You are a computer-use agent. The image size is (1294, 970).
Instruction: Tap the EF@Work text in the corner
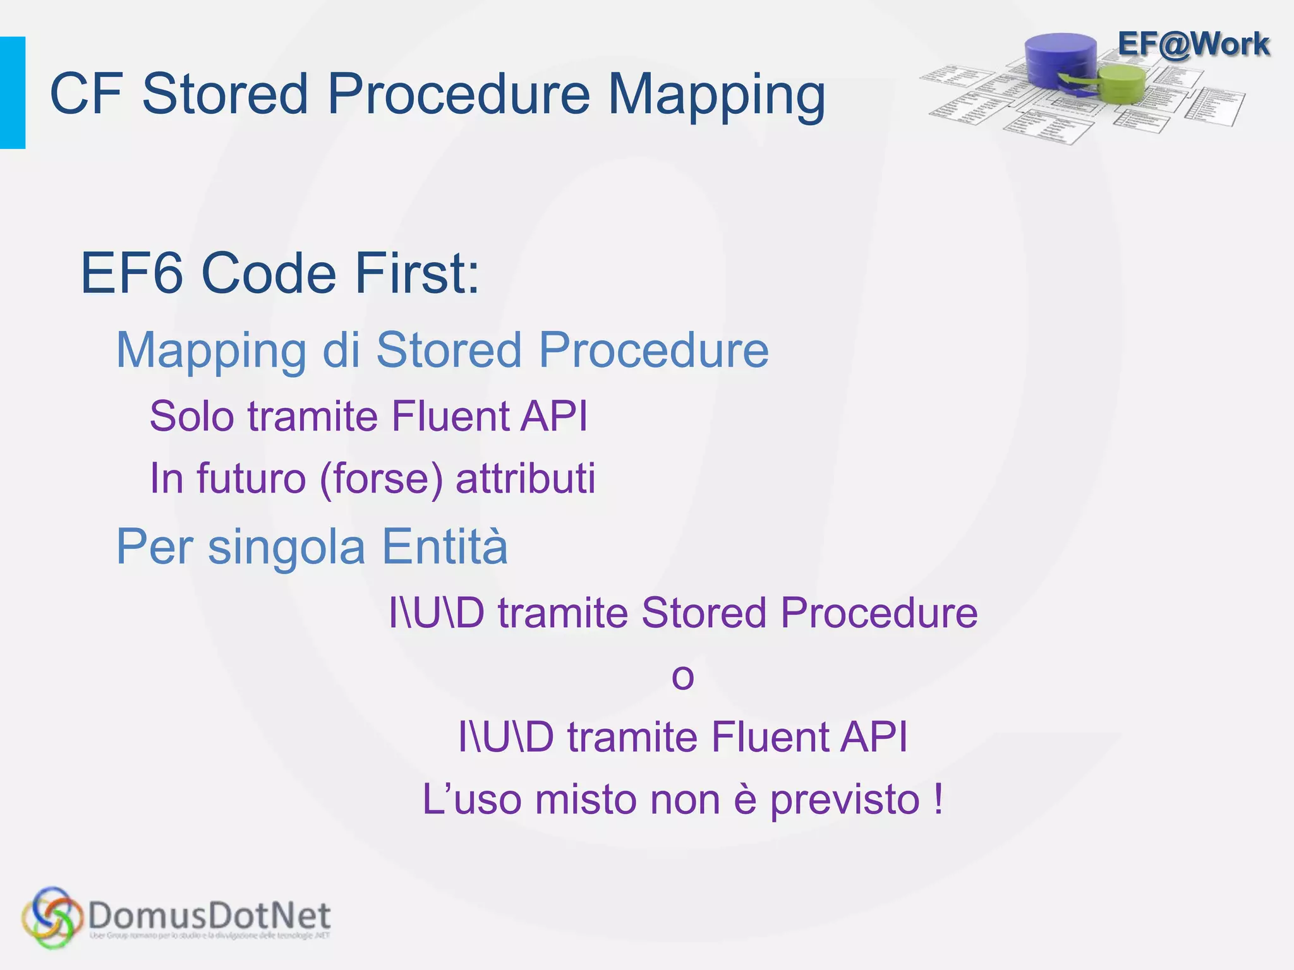pyautogui.click(x=1193, y=45)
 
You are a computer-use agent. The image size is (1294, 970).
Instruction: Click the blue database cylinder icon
pyautogui.click(x=1061, y=60)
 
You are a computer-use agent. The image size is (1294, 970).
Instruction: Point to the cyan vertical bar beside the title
pyautogui.click(x=12, y=93)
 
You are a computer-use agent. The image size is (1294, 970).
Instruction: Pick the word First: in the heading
pyautogui.click(x=417, y=273)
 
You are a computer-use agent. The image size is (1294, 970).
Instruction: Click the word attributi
pyautogui.click(x=525, y=478)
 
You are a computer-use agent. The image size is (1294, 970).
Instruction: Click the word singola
pyautogui.click(x=286, y=548)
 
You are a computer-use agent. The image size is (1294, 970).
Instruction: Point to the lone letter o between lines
pyautogui.click(x=682, y=677)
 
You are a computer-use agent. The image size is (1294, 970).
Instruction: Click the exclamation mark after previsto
pyautogui.click(x=938, y=799)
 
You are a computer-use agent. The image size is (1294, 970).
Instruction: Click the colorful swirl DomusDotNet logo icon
pyautogui.click(x=52, y=918)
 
